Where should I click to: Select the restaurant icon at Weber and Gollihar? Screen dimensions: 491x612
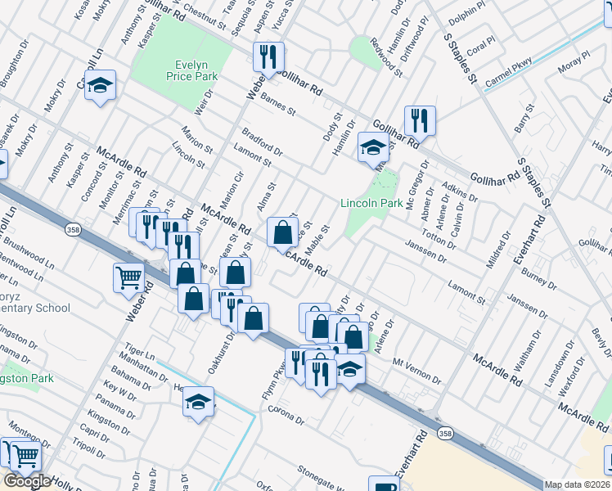click(268, 56)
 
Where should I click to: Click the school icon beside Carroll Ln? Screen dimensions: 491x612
click(100, 85)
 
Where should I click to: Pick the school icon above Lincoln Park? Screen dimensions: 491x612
click(373, 148)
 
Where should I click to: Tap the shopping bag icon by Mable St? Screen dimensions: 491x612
click(282, 232)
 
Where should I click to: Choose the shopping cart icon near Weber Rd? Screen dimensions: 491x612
click(129, 277)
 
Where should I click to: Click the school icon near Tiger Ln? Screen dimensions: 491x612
click(198, 402)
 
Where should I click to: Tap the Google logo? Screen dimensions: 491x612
click(27, 481)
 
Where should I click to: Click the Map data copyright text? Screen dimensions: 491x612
click(577, 484)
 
